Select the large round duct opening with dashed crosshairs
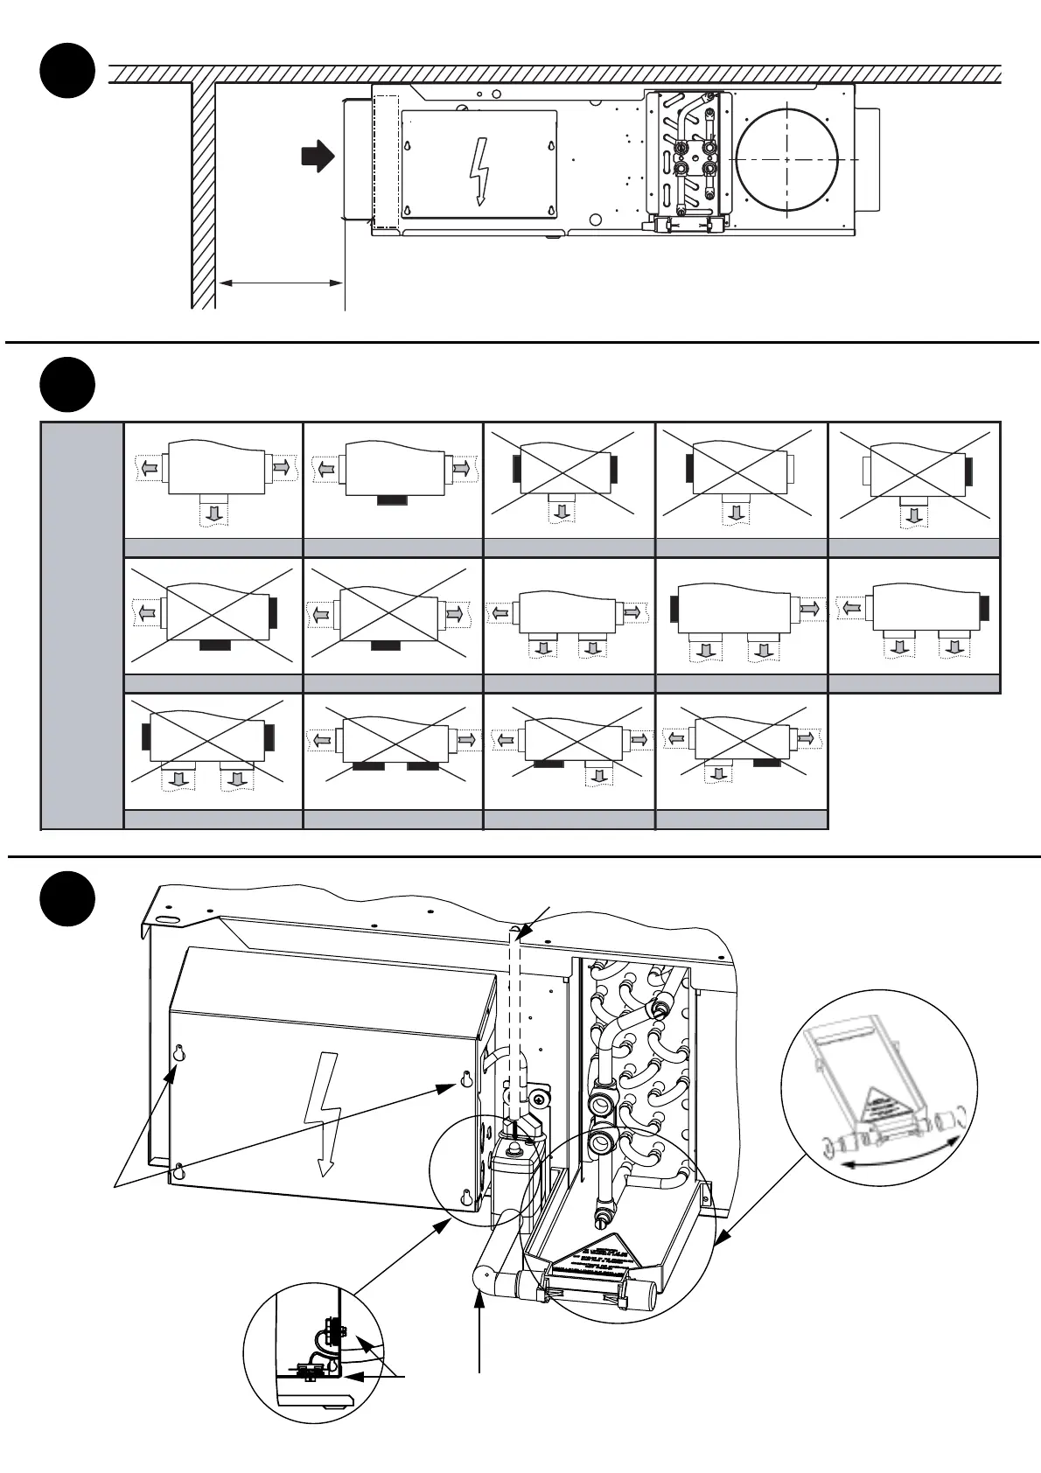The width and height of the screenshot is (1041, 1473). click(x=787, y=160)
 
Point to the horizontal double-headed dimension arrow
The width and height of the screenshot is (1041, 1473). click(x=280, y=283)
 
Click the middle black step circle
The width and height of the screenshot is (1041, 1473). click(x=68, y=384)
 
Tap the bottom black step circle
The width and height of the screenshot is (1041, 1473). click(x=68, y=898)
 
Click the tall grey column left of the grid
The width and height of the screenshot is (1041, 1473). click(x=82, y=625)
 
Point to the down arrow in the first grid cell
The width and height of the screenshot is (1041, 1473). click(x=213, y=513)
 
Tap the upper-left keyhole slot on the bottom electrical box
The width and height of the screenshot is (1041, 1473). click(x=179, y=1054)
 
